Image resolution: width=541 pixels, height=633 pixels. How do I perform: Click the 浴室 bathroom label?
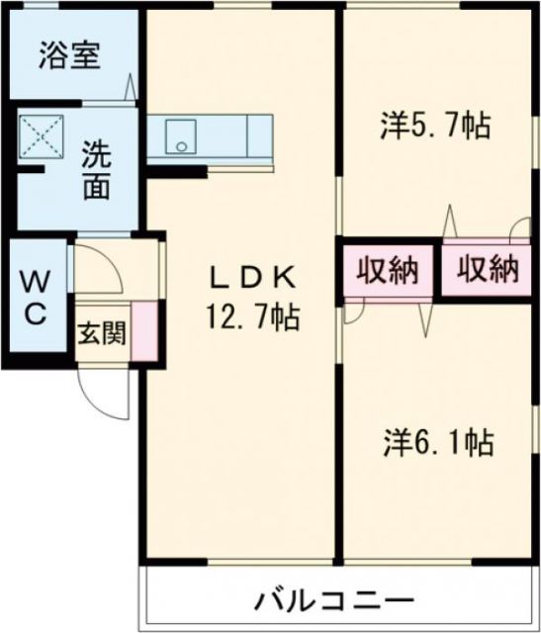tap(68, 55)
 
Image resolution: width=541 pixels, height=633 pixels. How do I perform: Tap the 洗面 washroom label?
tap(95, 170)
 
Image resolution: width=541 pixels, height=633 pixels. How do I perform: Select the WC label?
tap(33, 297)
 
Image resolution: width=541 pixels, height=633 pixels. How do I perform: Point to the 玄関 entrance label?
tap(101, 334)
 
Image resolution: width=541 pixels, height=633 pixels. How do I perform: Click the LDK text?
tap(252, 281)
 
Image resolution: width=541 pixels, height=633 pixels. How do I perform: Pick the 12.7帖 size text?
tap(252, 318)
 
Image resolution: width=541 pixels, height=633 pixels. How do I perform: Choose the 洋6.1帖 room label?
tap(439, 441)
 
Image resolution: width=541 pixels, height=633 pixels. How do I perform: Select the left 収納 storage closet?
tap(387, 270)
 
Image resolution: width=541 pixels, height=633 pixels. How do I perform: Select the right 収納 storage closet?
tap(488, 270)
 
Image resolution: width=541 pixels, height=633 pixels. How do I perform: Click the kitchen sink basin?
tap(180, 136)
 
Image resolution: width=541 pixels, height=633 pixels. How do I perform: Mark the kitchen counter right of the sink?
tap(241, 136)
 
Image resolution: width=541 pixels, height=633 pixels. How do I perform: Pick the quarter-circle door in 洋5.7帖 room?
tap(517, 231)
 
